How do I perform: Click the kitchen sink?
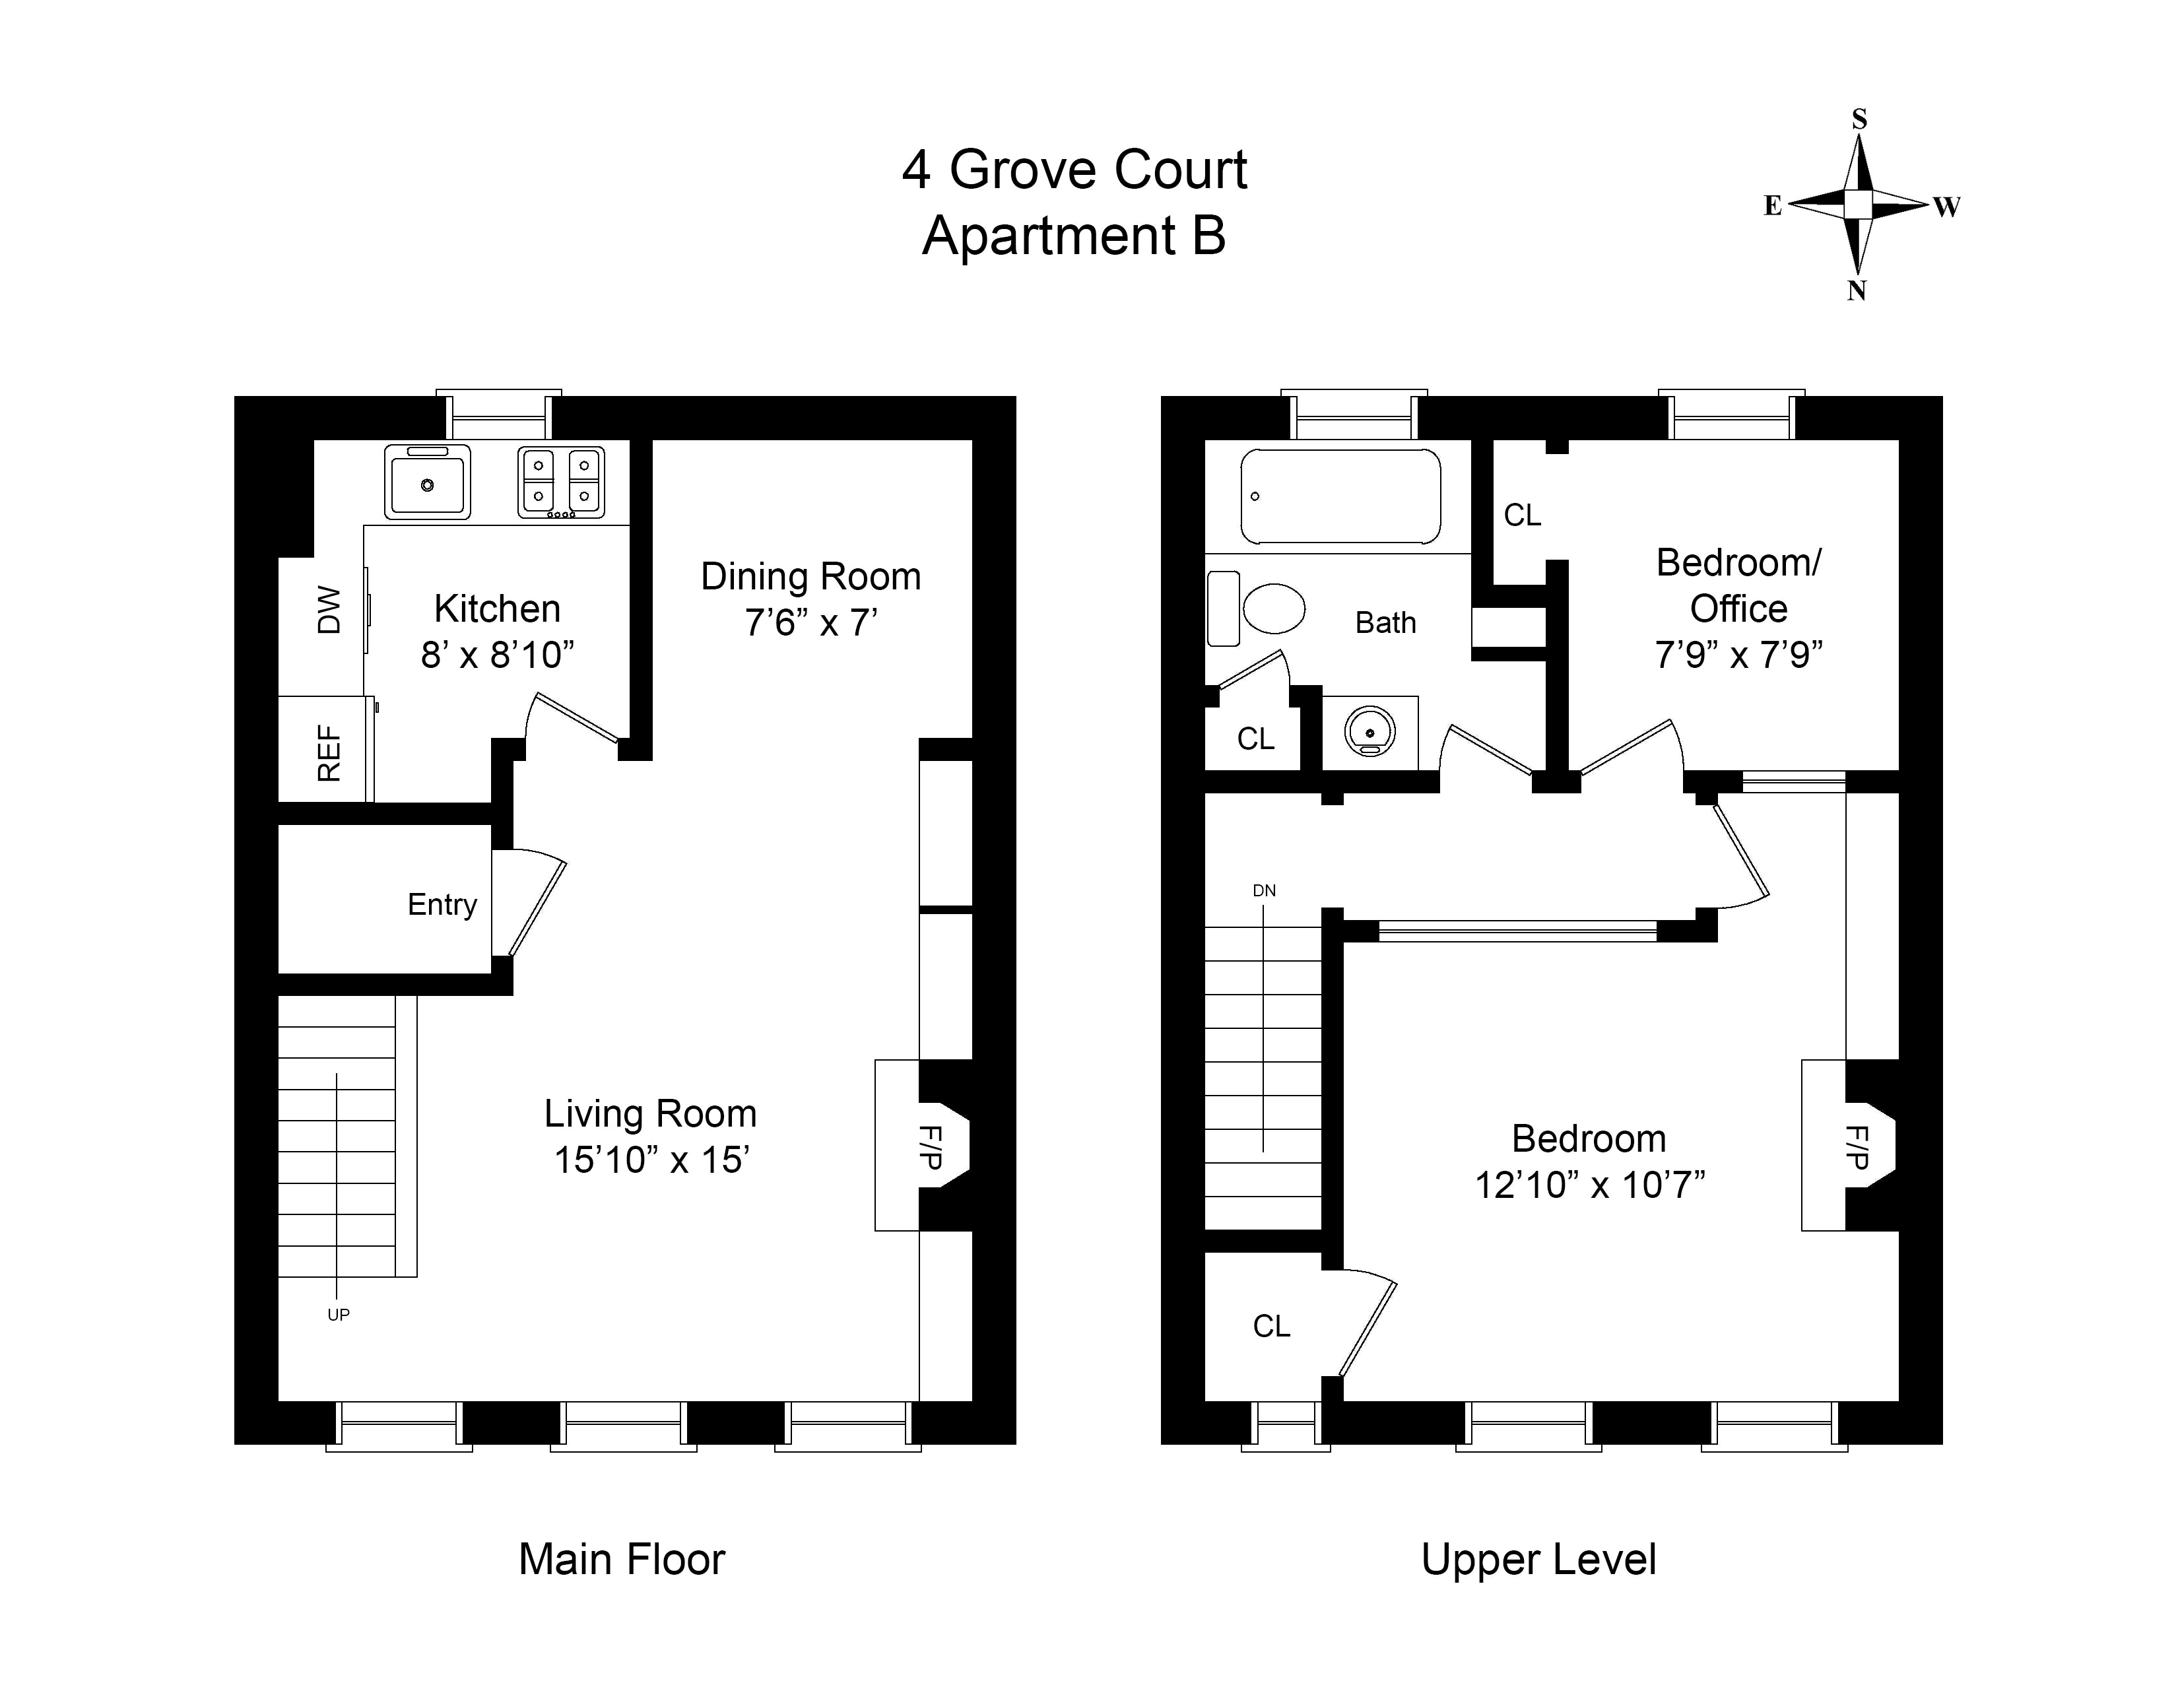pos(427,482)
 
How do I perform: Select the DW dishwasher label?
pos(329,610)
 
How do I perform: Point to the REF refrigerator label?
pos(329,753)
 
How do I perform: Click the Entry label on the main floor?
pos(442,904)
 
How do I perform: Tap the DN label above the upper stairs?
pos(1263,890)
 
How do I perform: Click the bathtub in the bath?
pos(1340,496)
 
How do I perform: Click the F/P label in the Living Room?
pos(929,1146)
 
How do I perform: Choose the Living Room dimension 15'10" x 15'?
pos(651,1160)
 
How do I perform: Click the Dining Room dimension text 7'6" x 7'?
pos(810,622)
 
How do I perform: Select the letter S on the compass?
pos(1859,119)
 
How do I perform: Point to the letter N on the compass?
pos(1856,290)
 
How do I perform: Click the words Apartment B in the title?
pos(1073,236)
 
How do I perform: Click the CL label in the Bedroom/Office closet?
pos(1522,515)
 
